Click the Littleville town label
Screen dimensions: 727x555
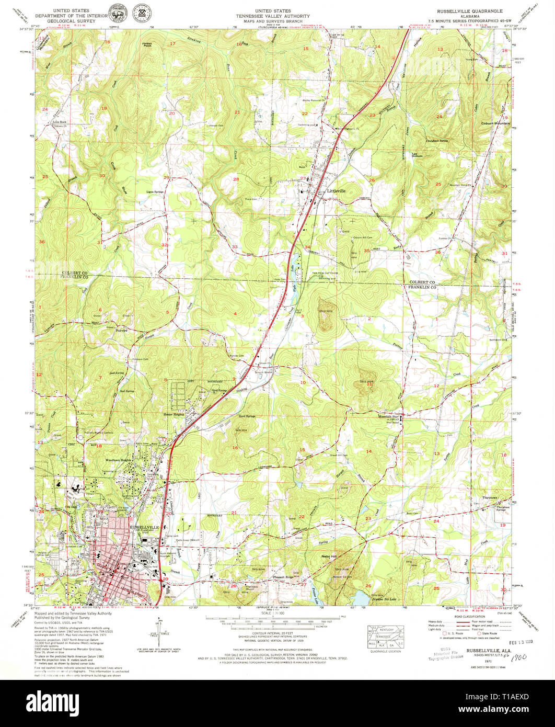point(337,191)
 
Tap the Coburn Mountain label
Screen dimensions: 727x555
point(495,123)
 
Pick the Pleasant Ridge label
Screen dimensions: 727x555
point(283,577)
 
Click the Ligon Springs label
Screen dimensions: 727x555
point(156,192)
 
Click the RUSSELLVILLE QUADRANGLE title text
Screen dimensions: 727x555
point(457,10)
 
